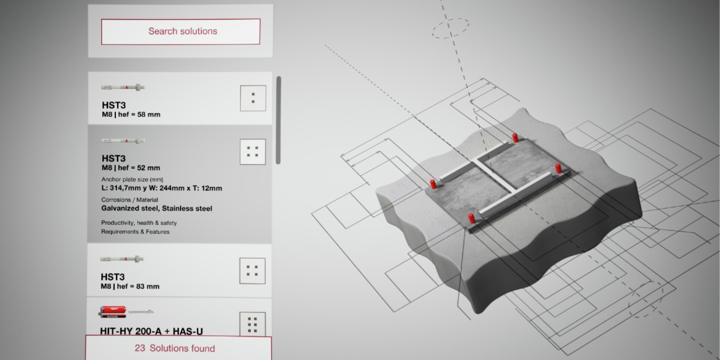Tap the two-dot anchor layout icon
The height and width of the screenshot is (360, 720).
[253, 98]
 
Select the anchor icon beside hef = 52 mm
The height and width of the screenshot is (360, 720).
[252, 152]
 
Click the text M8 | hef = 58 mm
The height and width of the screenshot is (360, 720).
[131, 115]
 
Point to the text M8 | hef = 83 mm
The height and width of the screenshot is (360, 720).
[130, 286]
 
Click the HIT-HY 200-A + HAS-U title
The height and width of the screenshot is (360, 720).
[151, 331]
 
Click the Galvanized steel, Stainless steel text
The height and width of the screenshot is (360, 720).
[156, 208]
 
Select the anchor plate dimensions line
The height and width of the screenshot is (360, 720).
[162, 188]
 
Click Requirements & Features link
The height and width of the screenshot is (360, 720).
[135, 232]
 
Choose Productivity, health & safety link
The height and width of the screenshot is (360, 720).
[139, 223]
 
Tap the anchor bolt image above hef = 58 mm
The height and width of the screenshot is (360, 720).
[123, 87]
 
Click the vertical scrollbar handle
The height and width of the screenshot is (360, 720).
[278, 120]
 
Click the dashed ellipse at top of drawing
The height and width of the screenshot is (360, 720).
[450, 28]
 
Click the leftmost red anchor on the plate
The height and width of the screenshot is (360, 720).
[433, 184]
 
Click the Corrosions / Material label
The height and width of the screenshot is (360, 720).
[129, 200]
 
